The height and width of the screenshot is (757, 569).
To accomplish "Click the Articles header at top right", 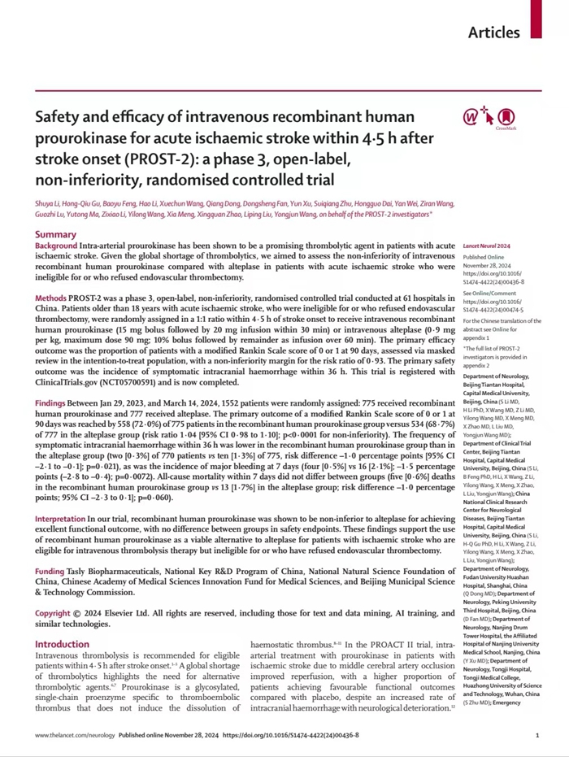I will [493, 33].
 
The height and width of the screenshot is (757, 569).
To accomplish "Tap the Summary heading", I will [56, 234].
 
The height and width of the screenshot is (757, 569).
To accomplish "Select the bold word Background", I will [57, 246].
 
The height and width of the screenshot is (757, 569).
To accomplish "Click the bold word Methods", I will [51, 300].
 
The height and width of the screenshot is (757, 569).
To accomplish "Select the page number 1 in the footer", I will [537, 735].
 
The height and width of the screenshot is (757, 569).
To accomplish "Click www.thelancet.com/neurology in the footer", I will [75, 735].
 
